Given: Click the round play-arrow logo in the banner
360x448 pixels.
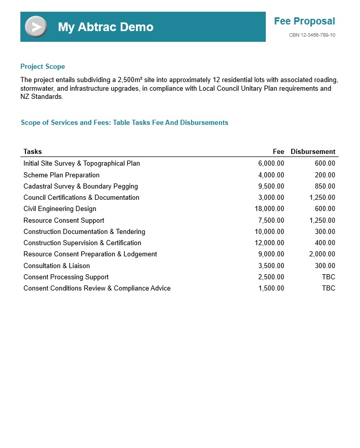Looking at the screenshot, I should point(36,27).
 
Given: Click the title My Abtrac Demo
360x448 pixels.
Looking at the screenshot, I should point(105,27).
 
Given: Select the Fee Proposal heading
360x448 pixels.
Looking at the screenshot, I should point(304,21).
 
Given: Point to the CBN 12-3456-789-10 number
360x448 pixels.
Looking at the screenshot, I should point(312,35).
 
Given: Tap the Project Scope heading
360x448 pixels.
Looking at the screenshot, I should point(43,66).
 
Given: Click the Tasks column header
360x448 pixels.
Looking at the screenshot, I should point(33,151).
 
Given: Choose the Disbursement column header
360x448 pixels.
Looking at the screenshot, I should point(313,151).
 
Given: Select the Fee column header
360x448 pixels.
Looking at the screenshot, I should point(278,151).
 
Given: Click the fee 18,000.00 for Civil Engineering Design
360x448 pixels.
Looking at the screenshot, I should point(269,208).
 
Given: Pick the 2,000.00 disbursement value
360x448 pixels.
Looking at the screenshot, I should point(322,254).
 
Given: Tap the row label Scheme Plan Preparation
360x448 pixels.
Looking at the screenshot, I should point(62,175).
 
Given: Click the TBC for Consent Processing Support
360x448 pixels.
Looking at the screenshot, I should point(328,277).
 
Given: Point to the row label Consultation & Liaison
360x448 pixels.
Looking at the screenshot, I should point(57,266).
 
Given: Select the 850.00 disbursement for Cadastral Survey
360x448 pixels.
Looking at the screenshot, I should point(325,186).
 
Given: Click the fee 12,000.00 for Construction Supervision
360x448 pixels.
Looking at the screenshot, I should point(269,243).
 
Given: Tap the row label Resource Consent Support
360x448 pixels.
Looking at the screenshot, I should point(64,220).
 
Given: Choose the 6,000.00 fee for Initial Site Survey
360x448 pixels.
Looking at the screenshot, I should point(271,163).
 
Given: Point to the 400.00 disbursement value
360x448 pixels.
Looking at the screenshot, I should point(325,243).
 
